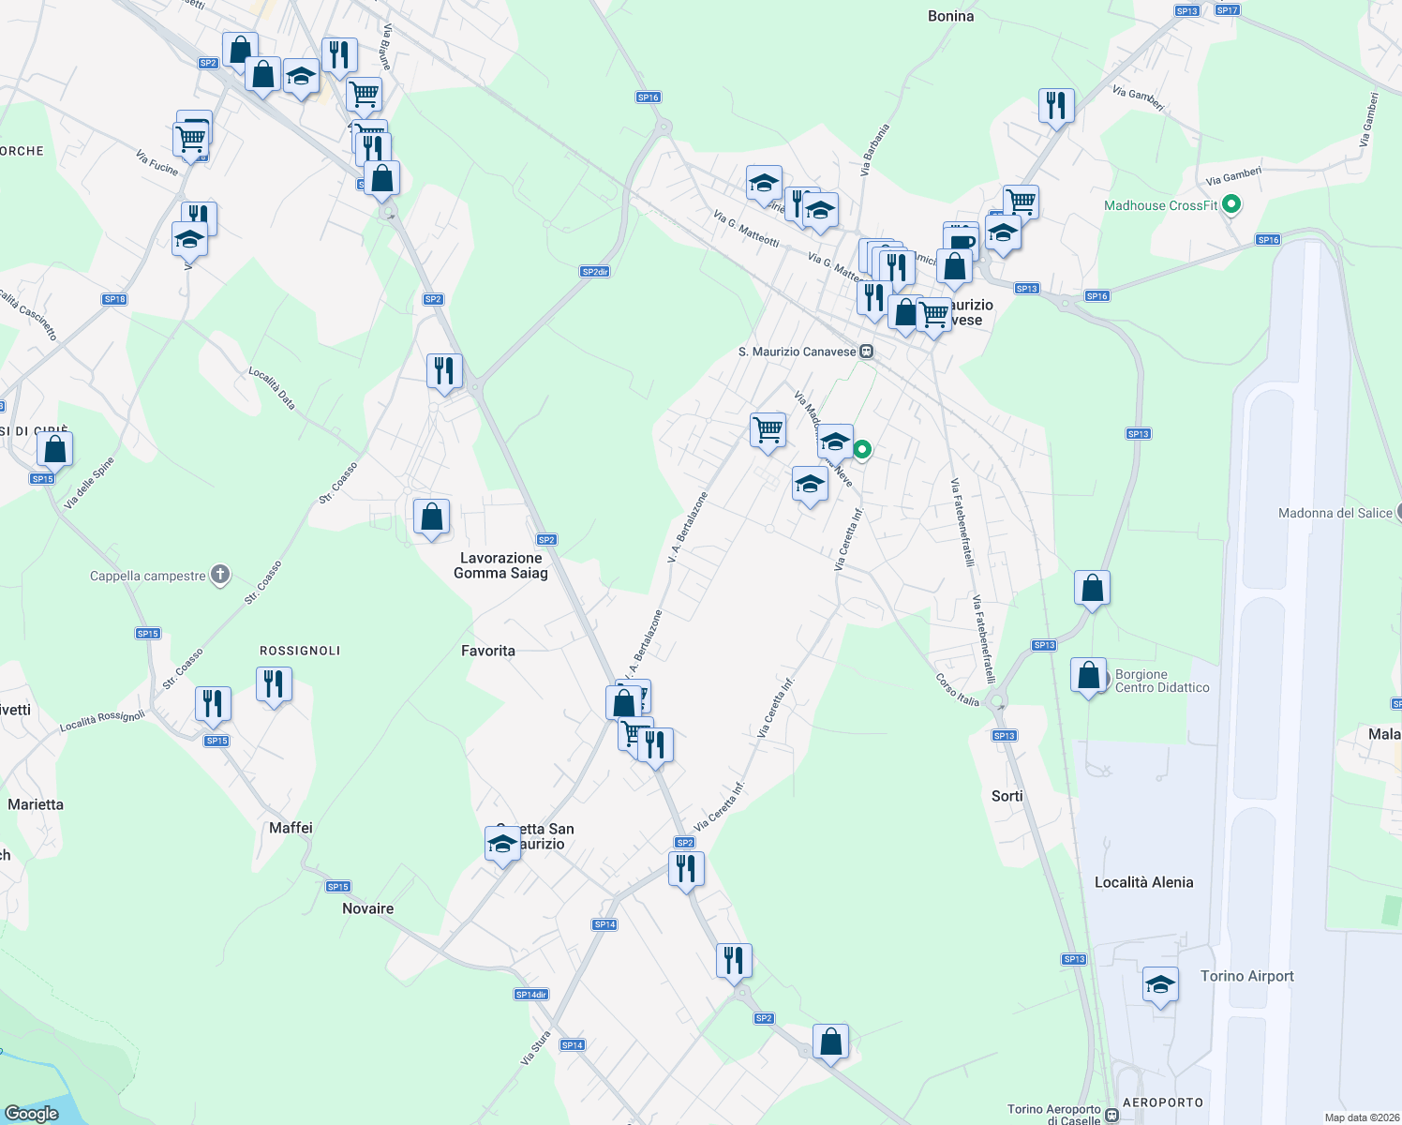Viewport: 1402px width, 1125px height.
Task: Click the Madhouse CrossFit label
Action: coord(1160,205)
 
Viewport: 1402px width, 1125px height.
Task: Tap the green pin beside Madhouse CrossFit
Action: coord(1232,203)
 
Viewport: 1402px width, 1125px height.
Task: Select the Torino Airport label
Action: coord(1246,976)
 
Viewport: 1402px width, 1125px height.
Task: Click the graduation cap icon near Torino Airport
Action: coord(1160,985)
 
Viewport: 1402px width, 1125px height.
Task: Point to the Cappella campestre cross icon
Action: coord(220,575)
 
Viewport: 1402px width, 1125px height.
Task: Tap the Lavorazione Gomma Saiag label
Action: coord(500,565)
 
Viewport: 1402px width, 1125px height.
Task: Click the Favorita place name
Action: coord(488,651)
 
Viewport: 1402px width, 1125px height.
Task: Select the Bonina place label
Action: coord(950,16)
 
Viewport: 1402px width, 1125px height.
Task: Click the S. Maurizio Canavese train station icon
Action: coord(867,352)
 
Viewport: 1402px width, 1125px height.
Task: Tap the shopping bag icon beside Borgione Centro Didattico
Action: coord(1089,675)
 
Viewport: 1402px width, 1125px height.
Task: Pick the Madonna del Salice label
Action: coord(1335,513)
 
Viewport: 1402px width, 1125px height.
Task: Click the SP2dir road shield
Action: coord(595,272)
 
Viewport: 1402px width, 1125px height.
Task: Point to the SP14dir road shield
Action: coord(531,995)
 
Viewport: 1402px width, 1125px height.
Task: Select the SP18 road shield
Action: coord(114,299)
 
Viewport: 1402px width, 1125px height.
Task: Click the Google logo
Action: coord(31,1113)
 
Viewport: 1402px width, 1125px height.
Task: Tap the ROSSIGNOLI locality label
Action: coord(300,651)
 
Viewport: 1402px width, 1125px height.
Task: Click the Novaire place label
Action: coord(367,908)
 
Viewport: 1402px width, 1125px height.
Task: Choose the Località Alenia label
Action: coord(1143,882)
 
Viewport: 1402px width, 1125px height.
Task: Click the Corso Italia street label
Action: coord(957,690)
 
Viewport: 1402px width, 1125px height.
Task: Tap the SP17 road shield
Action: coord(1227,10)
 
